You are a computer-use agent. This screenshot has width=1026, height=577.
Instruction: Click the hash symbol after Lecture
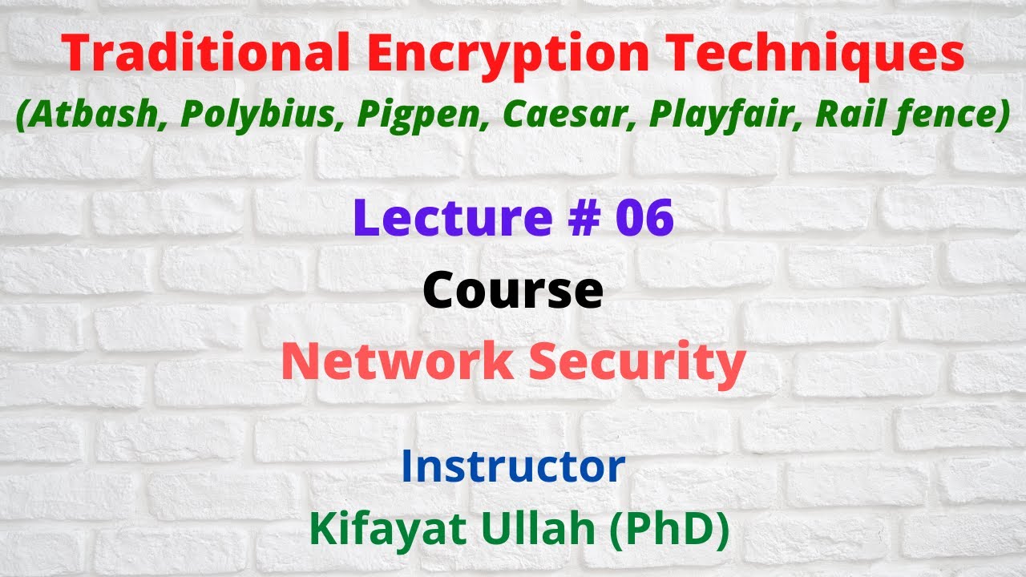click(x=572, y=219)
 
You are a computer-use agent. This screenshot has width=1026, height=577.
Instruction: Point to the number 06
click(x=644, y=219)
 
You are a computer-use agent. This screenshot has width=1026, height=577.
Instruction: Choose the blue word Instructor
click(x=513, y=466)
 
